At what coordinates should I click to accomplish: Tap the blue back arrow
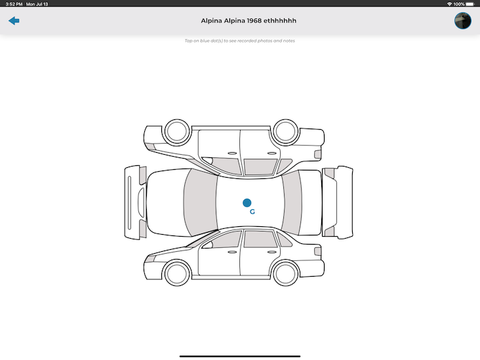[14, 21]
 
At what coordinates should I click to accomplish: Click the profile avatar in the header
[463, 21]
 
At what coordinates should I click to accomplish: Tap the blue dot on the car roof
[247, 203]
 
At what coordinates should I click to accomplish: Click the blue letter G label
[252, 212]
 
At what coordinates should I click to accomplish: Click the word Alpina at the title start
[212, 21]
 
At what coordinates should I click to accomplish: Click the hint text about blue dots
[239, 41]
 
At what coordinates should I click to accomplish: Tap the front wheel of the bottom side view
[177, 272]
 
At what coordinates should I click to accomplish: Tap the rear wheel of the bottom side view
[286, 272]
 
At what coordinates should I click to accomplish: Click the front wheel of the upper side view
[177, 131]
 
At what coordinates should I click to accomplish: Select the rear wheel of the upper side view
[286, 131]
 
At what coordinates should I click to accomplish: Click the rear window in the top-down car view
[292, 203]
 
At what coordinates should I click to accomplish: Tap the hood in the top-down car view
[164, 203]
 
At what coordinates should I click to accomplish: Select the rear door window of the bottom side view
[258, 239]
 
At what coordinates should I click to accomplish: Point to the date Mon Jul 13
[37, 4]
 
